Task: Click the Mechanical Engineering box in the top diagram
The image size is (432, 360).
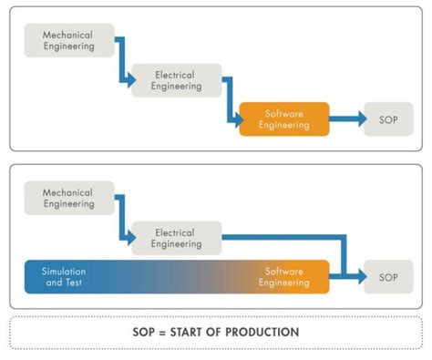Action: (69, 40)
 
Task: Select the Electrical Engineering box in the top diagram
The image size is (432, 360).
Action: (176, 79)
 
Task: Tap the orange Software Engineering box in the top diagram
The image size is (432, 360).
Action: (283, 118)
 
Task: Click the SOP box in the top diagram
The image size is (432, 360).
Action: (386, 118)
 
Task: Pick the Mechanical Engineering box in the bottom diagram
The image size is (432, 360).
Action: (69, 198)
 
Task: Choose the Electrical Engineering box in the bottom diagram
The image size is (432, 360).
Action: (176, 237)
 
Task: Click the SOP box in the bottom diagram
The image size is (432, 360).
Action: (386, 276)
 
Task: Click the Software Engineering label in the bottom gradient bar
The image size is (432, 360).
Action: (283, 277)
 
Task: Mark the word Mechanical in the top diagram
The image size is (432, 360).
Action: (69, 35)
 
